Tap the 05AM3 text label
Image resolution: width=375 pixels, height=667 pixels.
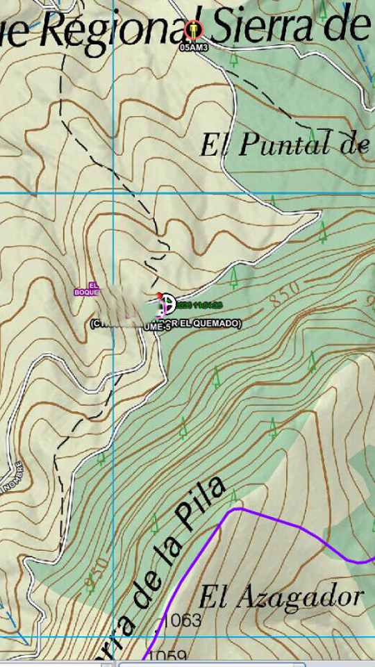pos(194,48)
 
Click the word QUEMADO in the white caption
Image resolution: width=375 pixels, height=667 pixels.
pos(217,324)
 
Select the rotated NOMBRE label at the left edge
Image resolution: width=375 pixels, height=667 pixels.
pos(10,476)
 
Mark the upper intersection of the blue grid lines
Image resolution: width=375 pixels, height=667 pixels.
pos(114,192)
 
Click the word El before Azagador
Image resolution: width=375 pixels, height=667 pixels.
pos(214,597)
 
